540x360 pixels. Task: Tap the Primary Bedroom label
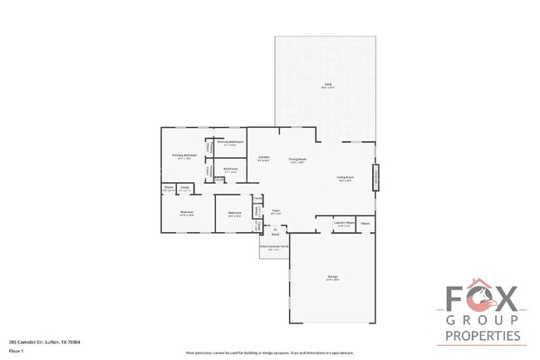point(184,155)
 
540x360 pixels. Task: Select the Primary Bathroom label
point(229,143)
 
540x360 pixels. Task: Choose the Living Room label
point(345,177)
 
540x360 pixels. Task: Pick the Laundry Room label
point(345,223)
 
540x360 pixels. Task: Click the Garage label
point(332,277)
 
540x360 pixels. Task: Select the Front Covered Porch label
point(274,247)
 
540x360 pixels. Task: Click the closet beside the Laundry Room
point(366,223)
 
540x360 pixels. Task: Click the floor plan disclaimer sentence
point(264,353)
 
